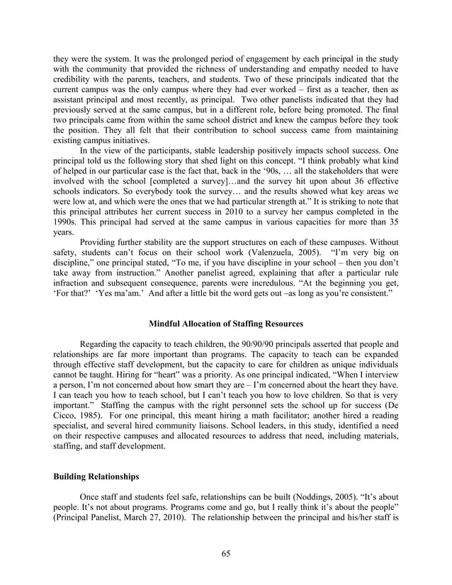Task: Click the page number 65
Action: [226, 553]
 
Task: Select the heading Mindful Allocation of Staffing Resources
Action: [226, 324]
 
